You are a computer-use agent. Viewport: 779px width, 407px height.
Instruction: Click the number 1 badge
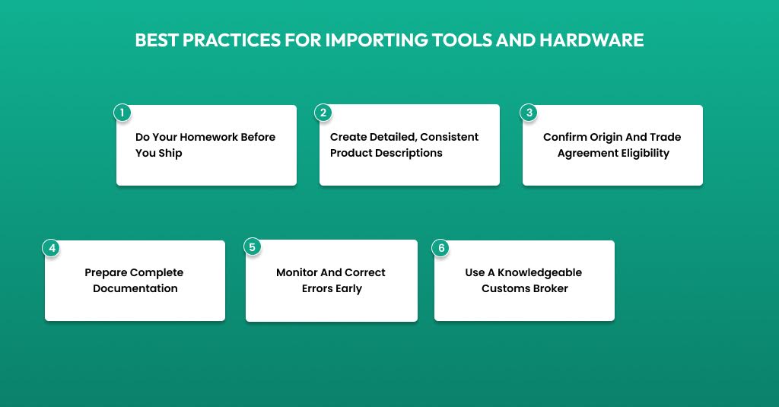pos(122,113)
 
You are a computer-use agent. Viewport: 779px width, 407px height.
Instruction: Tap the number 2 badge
pos(323,113)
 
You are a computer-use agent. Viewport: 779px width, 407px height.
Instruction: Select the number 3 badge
pos(528,113)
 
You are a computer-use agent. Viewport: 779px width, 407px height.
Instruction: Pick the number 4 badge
pos(51,248)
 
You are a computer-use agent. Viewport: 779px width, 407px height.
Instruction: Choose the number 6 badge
pos(440,248)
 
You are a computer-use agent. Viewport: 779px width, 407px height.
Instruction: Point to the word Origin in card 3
pos(610,137)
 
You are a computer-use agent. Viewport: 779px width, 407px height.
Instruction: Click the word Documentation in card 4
pos(135,288)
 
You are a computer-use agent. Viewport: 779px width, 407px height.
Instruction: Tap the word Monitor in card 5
pos(298,272)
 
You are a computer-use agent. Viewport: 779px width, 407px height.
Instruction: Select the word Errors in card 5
pos(318,288)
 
